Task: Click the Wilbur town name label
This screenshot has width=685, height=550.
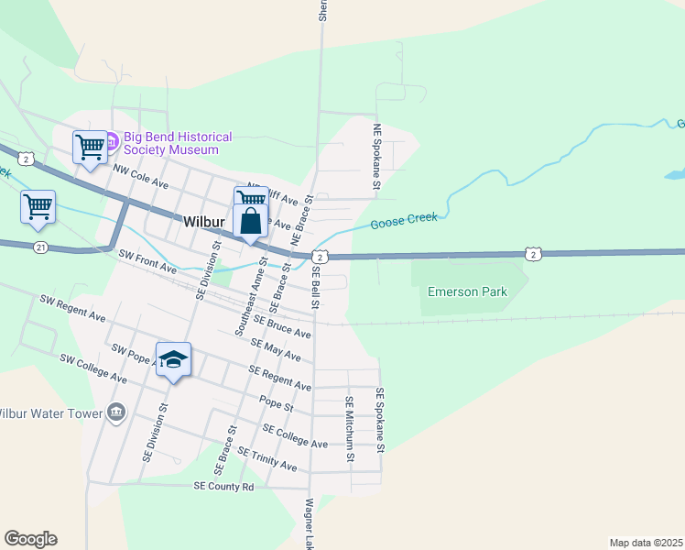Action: [x=204, y=222]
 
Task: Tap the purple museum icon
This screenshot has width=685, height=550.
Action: [x=112, y=143]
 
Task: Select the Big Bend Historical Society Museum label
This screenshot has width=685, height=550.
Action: [x=171, y=143]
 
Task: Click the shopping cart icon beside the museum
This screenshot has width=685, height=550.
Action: [x=90, y=147]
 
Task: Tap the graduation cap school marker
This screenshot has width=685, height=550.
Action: [x=173, y=360]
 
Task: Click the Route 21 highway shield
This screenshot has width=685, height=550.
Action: [x=39, y=247]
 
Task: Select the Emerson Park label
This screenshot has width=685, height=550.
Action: [x=468, y=292]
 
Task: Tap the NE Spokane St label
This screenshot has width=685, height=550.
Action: [x=376, y=158]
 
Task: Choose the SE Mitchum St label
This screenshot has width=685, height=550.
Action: [x=349, y=428]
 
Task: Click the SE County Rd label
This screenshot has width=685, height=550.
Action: [x=223, y=487]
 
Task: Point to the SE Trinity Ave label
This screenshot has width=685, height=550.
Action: [x=266, y=459]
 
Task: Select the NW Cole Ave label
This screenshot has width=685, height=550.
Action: [x=141, y=176]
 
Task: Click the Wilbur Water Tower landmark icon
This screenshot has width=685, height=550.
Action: [x=116, y=413]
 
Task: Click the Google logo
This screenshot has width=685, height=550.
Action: [x=30, y=539]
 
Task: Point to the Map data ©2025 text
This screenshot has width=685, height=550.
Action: [x=646, y=542]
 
